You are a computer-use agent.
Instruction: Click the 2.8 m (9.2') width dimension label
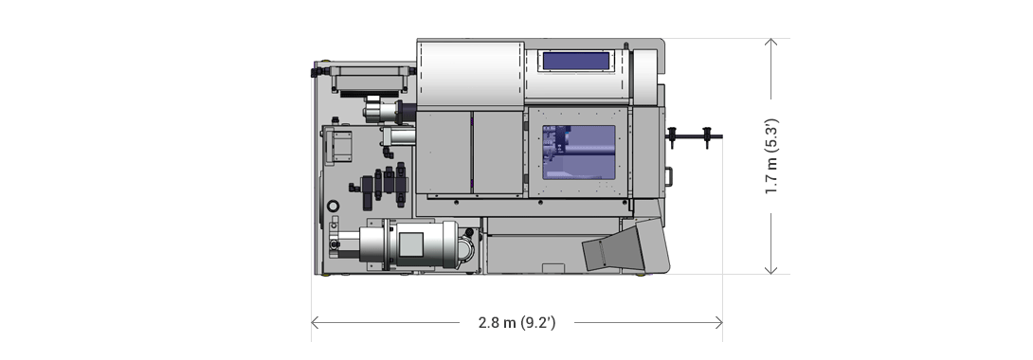coord(516,322)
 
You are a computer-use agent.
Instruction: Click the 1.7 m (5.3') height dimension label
coord(772,156)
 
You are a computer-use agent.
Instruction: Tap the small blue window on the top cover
coord(575,61)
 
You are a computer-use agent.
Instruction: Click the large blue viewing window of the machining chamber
coord(578,153)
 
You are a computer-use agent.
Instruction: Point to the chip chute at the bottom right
coord(616,248)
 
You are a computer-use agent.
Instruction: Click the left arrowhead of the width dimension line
coord(315,322)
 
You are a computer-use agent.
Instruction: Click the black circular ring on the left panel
coord(332,207)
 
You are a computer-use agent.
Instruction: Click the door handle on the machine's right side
coord(668,176)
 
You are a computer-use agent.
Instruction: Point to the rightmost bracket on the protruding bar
coord(705,136)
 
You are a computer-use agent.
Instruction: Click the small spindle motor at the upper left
coord(390,111)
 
